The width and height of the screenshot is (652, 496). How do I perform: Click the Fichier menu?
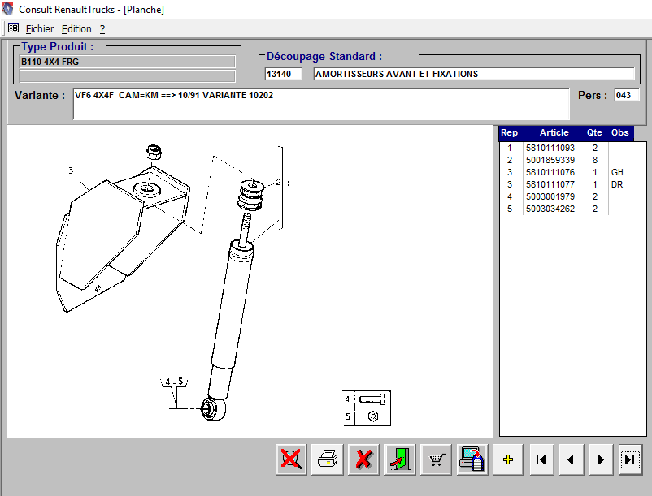tap(40, 29)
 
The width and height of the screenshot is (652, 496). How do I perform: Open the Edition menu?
tap(76, 29)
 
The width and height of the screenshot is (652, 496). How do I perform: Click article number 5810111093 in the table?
tap(550, 148)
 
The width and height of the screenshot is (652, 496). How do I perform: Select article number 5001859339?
tap(550, 160)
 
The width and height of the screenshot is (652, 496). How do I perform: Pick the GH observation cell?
tap(617, 172)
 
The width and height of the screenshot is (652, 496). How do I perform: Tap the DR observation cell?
tap(617, 184)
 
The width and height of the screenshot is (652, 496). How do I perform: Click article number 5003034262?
tap(550, 209)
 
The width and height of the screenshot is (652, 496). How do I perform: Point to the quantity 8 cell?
tap(595, 160)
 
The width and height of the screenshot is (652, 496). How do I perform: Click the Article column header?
tap(554, 133)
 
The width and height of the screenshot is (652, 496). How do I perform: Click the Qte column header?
tap(594, 133)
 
